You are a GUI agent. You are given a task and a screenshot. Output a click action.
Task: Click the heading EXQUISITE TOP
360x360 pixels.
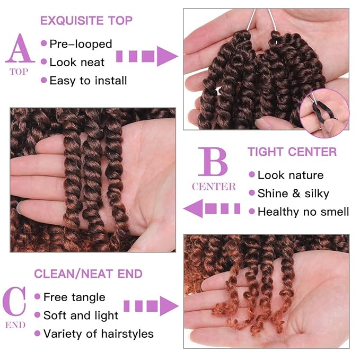86,21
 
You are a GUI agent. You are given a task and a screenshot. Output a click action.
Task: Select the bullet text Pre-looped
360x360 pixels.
81,44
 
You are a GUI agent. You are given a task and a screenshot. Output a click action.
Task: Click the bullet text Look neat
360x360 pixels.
77,63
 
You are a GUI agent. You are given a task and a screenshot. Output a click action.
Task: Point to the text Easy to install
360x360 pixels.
88,81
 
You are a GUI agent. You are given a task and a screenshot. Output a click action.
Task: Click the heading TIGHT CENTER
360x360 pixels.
292,152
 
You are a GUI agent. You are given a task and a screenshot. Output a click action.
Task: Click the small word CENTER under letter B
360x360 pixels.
214,187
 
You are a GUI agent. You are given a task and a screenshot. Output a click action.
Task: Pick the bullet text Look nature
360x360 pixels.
290,175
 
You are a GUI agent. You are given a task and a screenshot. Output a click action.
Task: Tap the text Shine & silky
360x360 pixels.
293,194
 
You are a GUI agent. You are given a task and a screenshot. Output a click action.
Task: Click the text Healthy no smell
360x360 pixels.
303,212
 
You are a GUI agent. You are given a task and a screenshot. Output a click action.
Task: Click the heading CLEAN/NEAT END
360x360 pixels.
88,274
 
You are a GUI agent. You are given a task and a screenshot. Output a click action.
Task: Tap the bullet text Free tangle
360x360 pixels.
74,297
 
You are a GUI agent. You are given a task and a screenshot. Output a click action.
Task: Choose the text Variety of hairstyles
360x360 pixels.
98,334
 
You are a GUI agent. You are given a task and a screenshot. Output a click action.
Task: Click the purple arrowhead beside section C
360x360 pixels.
169,306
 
